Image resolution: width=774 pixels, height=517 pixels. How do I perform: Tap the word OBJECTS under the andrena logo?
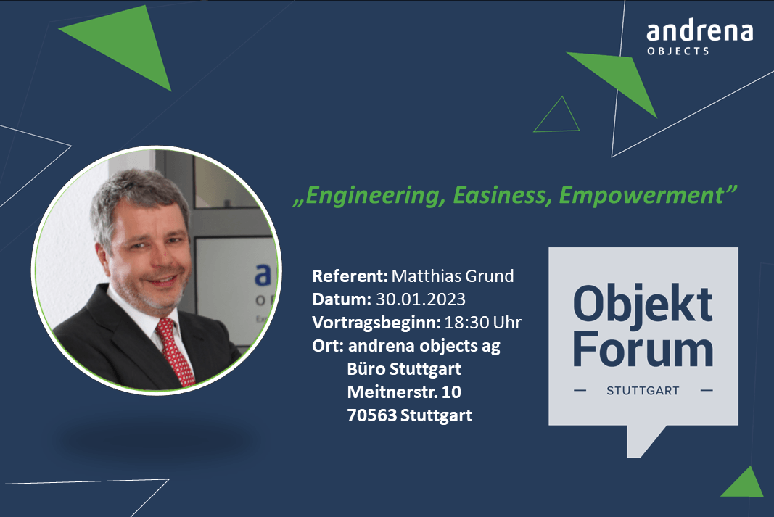click(678, 51)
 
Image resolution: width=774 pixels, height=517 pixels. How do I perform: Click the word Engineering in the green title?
click(373, 196)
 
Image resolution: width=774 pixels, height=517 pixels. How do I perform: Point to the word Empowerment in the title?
click(641, 196)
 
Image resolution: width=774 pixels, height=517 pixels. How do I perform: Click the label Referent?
click(350, 276)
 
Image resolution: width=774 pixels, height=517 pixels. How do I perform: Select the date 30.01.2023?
click(421, 299)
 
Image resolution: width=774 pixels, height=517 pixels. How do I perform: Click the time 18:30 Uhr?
click(483, 322)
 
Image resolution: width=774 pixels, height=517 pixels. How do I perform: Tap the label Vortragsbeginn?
click(376, 323)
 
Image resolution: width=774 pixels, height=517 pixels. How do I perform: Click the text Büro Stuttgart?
click(404, 369)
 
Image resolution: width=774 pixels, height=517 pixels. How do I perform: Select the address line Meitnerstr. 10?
click(404, 392)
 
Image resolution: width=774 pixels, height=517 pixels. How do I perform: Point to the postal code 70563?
click(371, 415)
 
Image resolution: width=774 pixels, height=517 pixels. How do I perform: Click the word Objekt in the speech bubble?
click(643, 304)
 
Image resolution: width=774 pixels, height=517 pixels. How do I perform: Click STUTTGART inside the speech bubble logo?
click(643, 391)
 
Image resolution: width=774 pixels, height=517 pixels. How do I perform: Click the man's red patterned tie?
click(176, 351)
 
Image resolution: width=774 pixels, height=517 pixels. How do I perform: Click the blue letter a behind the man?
click(263, 276)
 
